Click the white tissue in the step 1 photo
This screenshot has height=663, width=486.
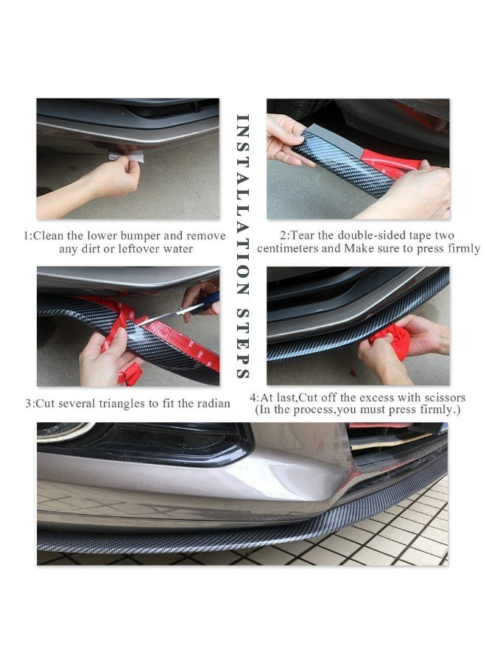click(127, 157)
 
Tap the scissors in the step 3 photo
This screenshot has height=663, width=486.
click(177, 311)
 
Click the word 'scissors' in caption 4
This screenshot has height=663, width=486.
click(445, 398)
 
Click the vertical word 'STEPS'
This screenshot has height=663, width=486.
click(242, 343)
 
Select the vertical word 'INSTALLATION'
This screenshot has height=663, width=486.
click(242, 205)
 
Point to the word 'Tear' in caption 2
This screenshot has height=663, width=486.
click(302, 235)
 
